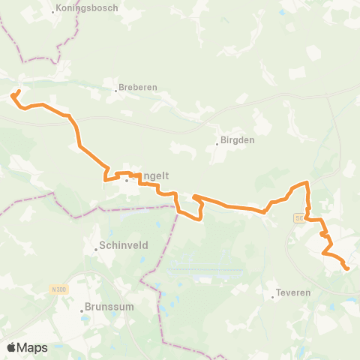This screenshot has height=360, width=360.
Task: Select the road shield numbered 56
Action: [299, 217]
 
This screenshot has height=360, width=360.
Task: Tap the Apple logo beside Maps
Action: [12, 347]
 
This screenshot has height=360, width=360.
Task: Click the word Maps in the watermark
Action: [33, 347]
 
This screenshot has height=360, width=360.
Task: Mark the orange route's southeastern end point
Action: [346, 268]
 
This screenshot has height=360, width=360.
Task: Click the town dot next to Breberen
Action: [117, 90]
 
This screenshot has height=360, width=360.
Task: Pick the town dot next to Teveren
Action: [273, 295]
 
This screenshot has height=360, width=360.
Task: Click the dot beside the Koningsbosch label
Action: [54, 11]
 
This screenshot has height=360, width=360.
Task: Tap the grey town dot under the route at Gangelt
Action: [127, 180]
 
